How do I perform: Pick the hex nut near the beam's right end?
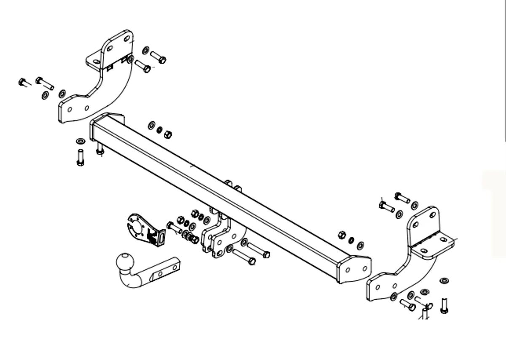(x=343, y=235)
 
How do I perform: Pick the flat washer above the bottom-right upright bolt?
(x=444, y=281)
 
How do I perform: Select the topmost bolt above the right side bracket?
(x=402, y=197)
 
